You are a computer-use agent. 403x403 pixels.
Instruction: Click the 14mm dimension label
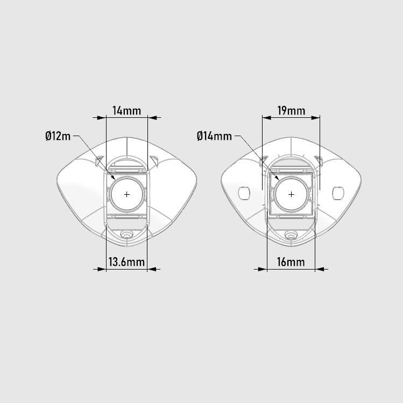click(x=126, y=111)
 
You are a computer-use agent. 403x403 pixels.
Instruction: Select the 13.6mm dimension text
click(x=126, y=263)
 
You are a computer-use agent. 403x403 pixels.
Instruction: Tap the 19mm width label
click(x=291, y=111)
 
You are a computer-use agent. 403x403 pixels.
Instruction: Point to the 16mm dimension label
click(x=291, y=263)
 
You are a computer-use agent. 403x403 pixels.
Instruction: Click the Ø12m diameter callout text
click(x=58, y=136)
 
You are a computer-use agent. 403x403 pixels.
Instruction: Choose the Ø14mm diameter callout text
click(x=214, y=136)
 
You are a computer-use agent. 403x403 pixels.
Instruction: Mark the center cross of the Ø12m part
click(x=126, y=194)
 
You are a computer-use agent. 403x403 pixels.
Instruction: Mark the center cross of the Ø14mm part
click(x=291, y=194)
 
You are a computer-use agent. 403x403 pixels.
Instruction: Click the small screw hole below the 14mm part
click(x=126, y=235)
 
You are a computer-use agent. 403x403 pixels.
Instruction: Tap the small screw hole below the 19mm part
click(x=291, y=235)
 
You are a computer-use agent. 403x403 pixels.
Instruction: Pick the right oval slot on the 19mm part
click(x=338, y=192)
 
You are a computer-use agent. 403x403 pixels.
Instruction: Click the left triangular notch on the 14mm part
click(x=100, y=161)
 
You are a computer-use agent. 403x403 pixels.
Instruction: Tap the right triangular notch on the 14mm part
click(x=154, y=161)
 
